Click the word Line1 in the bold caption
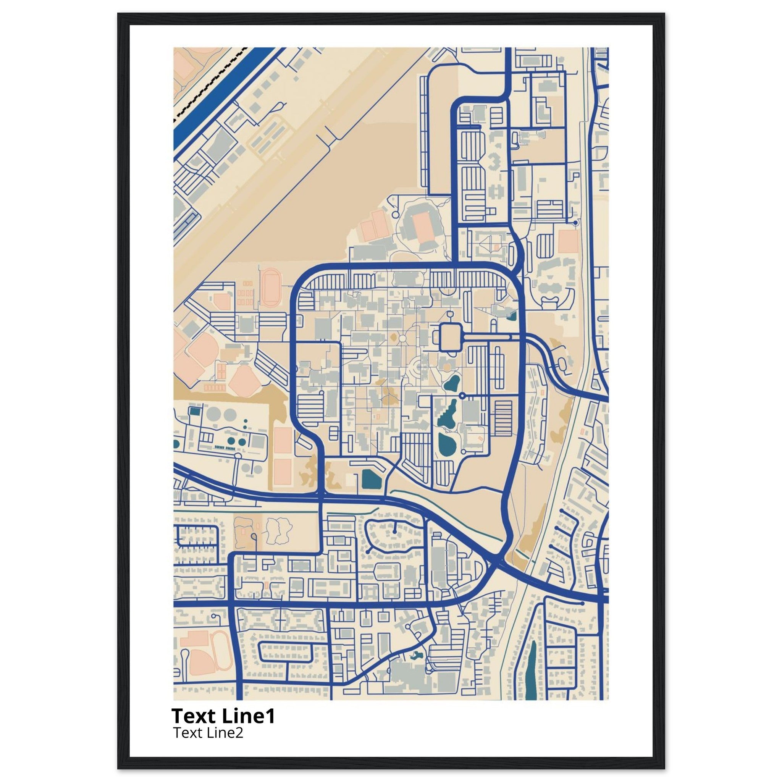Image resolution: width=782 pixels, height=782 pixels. [249, 716]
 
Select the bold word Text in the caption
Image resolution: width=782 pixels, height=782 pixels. [195, 716]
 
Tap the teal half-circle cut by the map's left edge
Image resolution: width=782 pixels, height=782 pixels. [176, 444]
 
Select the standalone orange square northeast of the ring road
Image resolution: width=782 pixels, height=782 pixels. [568, 242]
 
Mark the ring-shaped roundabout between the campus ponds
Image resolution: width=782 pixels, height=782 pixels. [462, 395]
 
